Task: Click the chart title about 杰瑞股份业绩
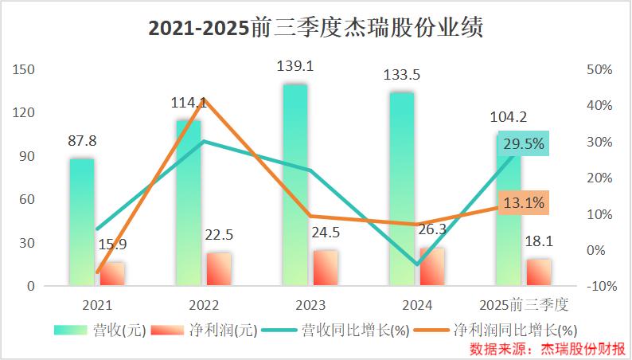[x=316, y=29]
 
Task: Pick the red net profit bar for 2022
[x=219, y=269]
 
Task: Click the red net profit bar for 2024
[x=432, y=266]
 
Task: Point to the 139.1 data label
[x=295, y=67]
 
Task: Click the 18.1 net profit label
[x=539, y=240]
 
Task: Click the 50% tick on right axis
[x=599, y=69]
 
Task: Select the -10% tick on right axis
[x=599, y=286]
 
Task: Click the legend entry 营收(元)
[x=100, y=330]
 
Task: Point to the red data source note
[x=548, y=349]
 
